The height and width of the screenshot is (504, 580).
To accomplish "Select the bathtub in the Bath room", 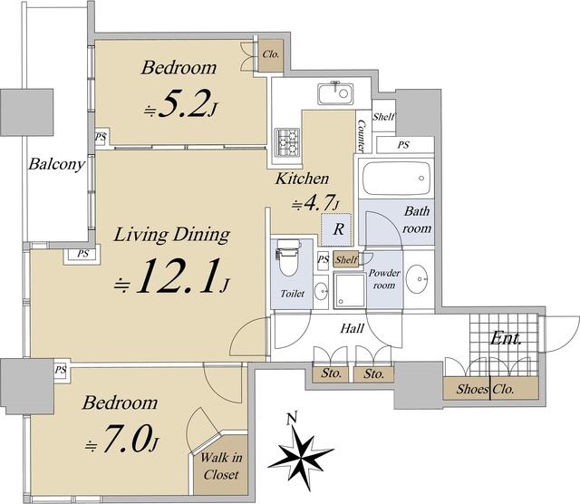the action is (x=396, y=179).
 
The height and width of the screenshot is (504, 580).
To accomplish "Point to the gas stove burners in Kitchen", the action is (x=287, y=141).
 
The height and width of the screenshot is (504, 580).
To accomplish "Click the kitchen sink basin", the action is (x=335, y=93).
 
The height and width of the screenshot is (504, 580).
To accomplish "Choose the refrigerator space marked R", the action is (x=336, y=229).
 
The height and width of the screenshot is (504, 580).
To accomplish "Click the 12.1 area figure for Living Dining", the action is (x=175, y=276).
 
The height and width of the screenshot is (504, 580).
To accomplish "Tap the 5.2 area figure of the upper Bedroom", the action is (x=182, y=104).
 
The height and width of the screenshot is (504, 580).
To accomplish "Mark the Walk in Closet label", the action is (x=221, y=466).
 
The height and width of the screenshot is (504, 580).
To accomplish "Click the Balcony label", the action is (x=57, y=164).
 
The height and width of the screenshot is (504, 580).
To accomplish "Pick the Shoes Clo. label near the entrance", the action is (x=485, y=389).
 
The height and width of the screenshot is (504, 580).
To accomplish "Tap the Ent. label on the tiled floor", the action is (x=506, y=338).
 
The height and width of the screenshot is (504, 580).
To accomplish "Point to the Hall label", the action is (x=353, y=328).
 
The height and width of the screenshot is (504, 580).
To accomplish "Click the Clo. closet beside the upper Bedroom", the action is (x=271, y=54).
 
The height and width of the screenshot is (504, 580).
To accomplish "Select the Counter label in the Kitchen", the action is (x=362, y=136).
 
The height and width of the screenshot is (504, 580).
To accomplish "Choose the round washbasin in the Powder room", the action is (x=417, y=278).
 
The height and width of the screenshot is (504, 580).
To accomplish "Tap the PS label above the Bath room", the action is (x=403, y=145).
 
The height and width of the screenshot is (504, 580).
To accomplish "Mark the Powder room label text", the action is (x=384, y=279).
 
